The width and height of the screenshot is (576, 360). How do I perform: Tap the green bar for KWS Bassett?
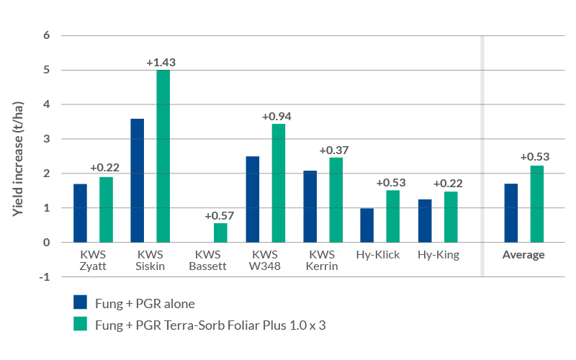tap(220, 233)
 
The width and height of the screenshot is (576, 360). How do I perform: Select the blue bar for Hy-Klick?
tap(367, 225)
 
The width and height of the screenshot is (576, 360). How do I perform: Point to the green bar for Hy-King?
tap(451, 217)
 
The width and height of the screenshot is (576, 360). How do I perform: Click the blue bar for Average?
tap(511, 213)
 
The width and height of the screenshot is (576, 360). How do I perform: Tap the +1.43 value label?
tap(161, 63)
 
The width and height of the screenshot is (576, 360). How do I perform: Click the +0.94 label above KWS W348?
tap(276, 116)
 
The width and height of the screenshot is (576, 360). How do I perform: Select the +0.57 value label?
tap(220, 216)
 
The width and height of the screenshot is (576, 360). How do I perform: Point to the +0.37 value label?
tap(333, 150)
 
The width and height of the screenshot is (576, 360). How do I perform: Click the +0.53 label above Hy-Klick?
tap(391, 183)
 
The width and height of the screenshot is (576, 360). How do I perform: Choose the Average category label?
tap(523, 255)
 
